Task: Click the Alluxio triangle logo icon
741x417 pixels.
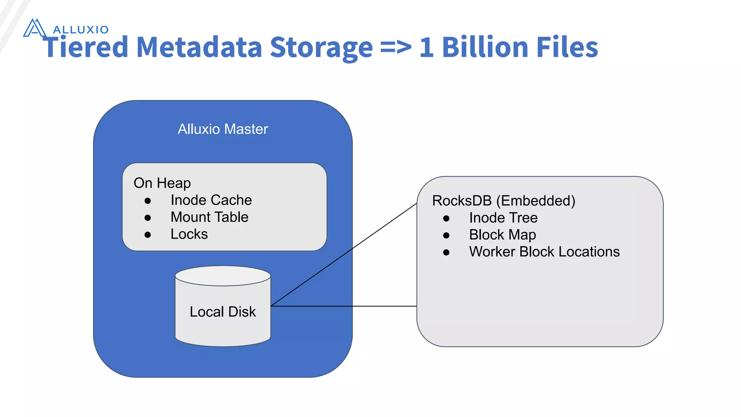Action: (x=34, y=28)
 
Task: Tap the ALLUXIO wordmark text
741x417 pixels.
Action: (x=81, y=30)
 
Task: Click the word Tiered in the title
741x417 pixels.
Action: (x=86, y=47)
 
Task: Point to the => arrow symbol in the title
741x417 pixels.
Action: (x=396, y=47)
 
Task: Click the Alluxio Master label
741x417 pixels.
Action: (x=223, y=129)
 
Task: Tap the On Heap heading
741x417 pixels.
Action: (x=162, y=183)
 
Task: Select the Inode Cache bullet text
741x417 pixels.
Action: (x=211, y=200)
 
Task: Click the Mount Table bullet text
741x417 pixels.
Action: (x=209, y=217)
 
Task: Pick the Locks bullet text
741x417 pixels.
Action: (x=189, y=234)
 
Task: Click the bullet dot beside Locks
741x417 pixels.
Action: (x=148, y=235)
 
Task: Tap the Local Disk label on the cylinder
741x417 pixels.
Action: (x=223, y=312)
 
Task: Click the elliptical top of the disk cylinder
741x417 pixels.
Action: (x=223, y=276)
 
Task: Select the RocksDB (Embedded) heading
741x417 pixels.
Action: (x=504, y=201)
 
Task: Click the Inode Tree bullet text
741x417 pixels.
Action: (x=503, y=218)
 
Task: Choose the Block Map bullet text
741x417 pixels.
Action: (x=503, y=235)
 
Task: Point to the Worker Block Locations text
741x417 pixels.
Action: (x=544, y=252)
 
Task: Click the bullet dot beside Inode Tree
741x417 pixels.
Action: (x=446, y=218)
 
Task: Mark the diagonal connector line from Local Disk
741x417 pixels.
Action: (x=344, y=255)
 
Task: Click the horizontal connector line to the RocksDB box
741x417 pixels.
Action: (x=344, y=306)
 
